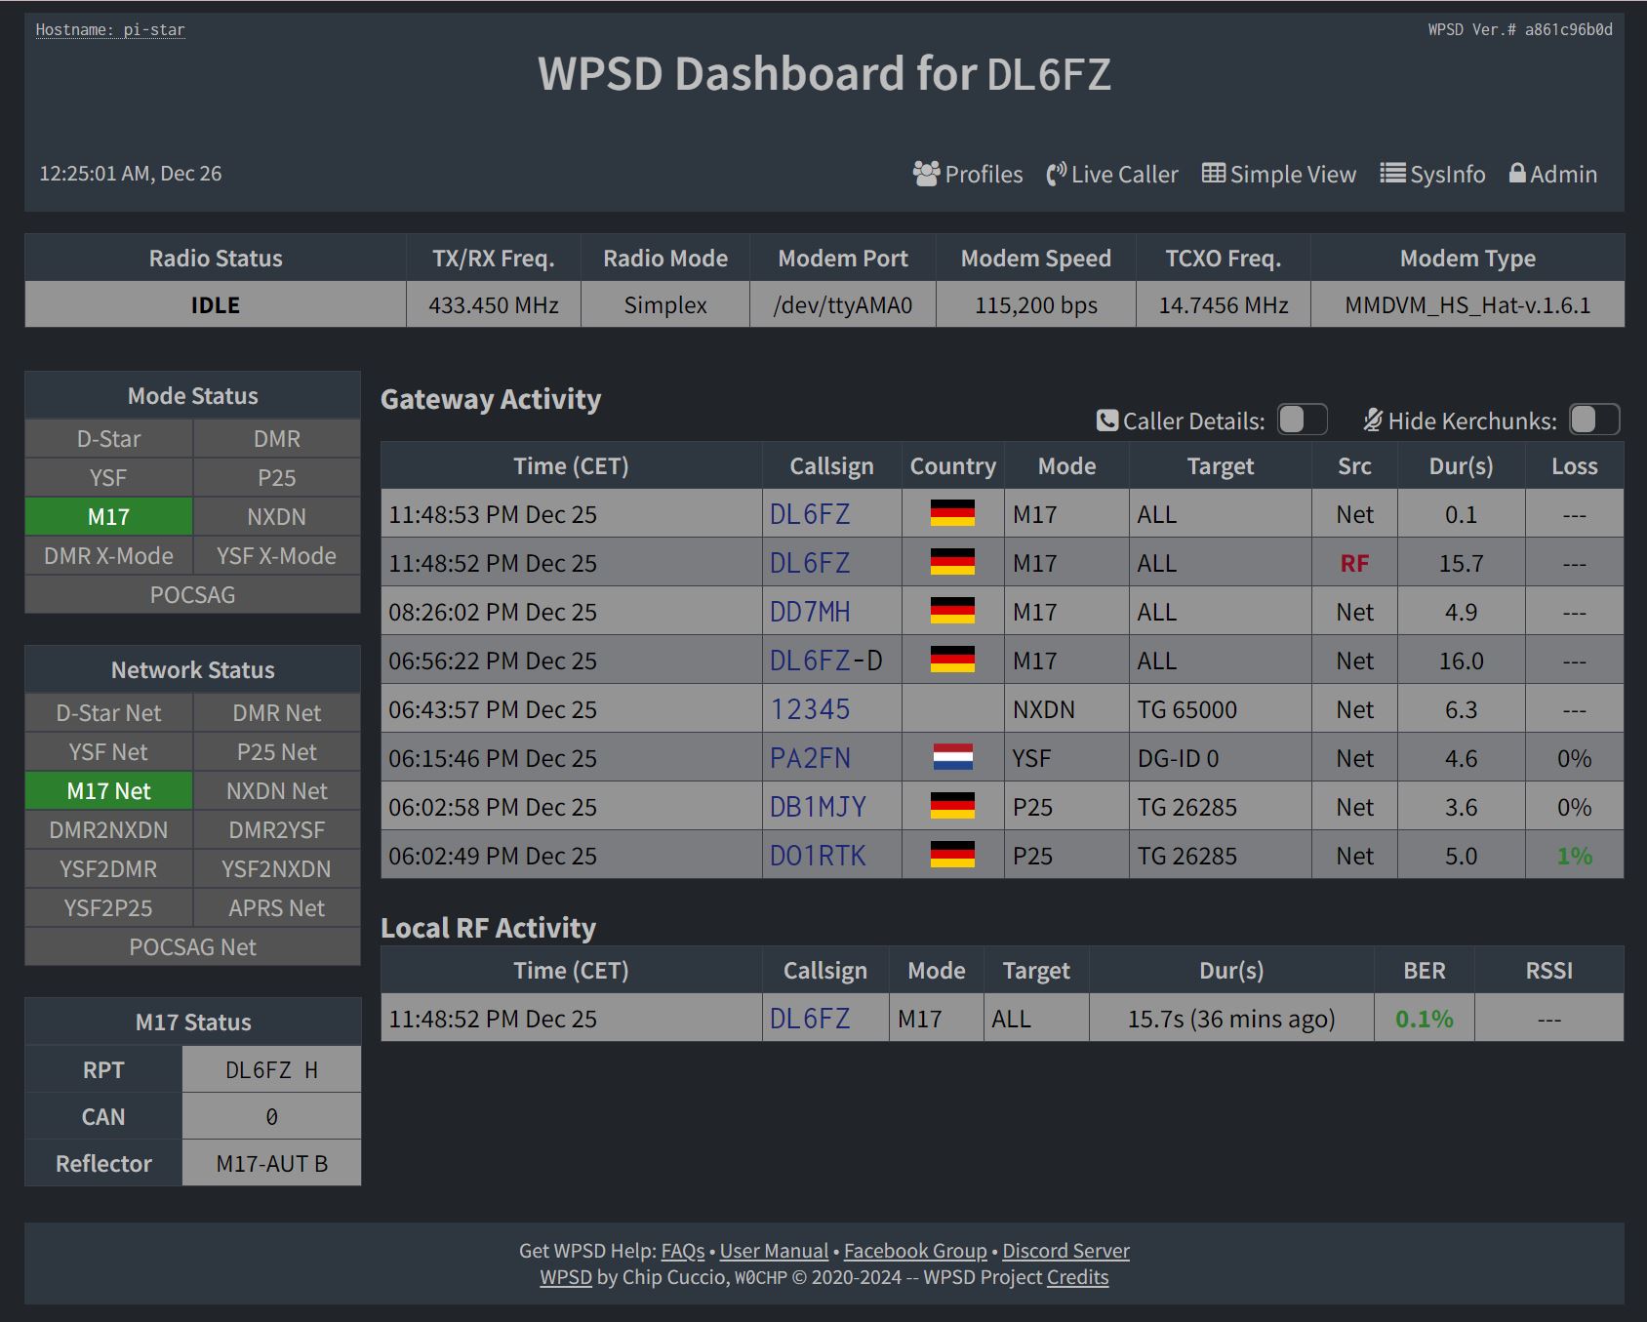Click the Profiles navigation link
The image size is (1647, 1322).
click(968, 175)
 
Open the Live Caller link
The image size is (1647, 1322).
click(1112, 175)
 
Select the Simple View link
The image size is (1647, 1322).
click(1279, 175)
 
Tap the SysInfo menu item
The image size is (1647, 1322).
click(1433, 175)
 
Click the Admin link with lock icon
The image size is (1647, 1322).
click(1553, 175)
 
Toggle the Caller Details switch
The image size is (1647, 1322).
click(1302, 421)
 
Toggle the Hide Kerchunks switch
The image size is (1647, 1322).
click(1593, 421)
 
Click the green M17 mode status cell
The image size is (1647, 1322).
click(108, 517)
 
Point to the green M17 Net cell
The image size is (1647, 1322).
click(108, 791)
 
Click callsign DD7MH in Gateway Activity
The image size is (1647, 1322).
click(810, 612)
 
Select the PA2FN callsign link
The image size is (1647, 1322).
click(810, 758)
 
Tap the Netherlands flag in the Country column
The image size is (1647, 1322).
click(952, 758)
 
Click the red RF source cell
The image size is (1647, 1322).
click(1354, 563)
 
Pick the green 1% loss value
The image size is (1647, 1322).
click(1574, 856)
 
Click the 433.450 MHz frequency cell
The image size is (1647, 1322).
click(494, 305)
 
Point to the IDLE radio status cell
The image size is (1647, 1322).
click(215, 305)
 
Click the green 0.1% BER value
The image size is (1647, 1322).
click(1424, 1019)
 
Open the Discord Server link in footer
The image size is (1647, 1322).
click(1065, 1251)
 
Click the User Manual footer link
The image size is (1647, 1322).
click(774, 1251)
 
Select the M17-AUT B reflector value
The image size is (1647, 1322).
click(271, 1164)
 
